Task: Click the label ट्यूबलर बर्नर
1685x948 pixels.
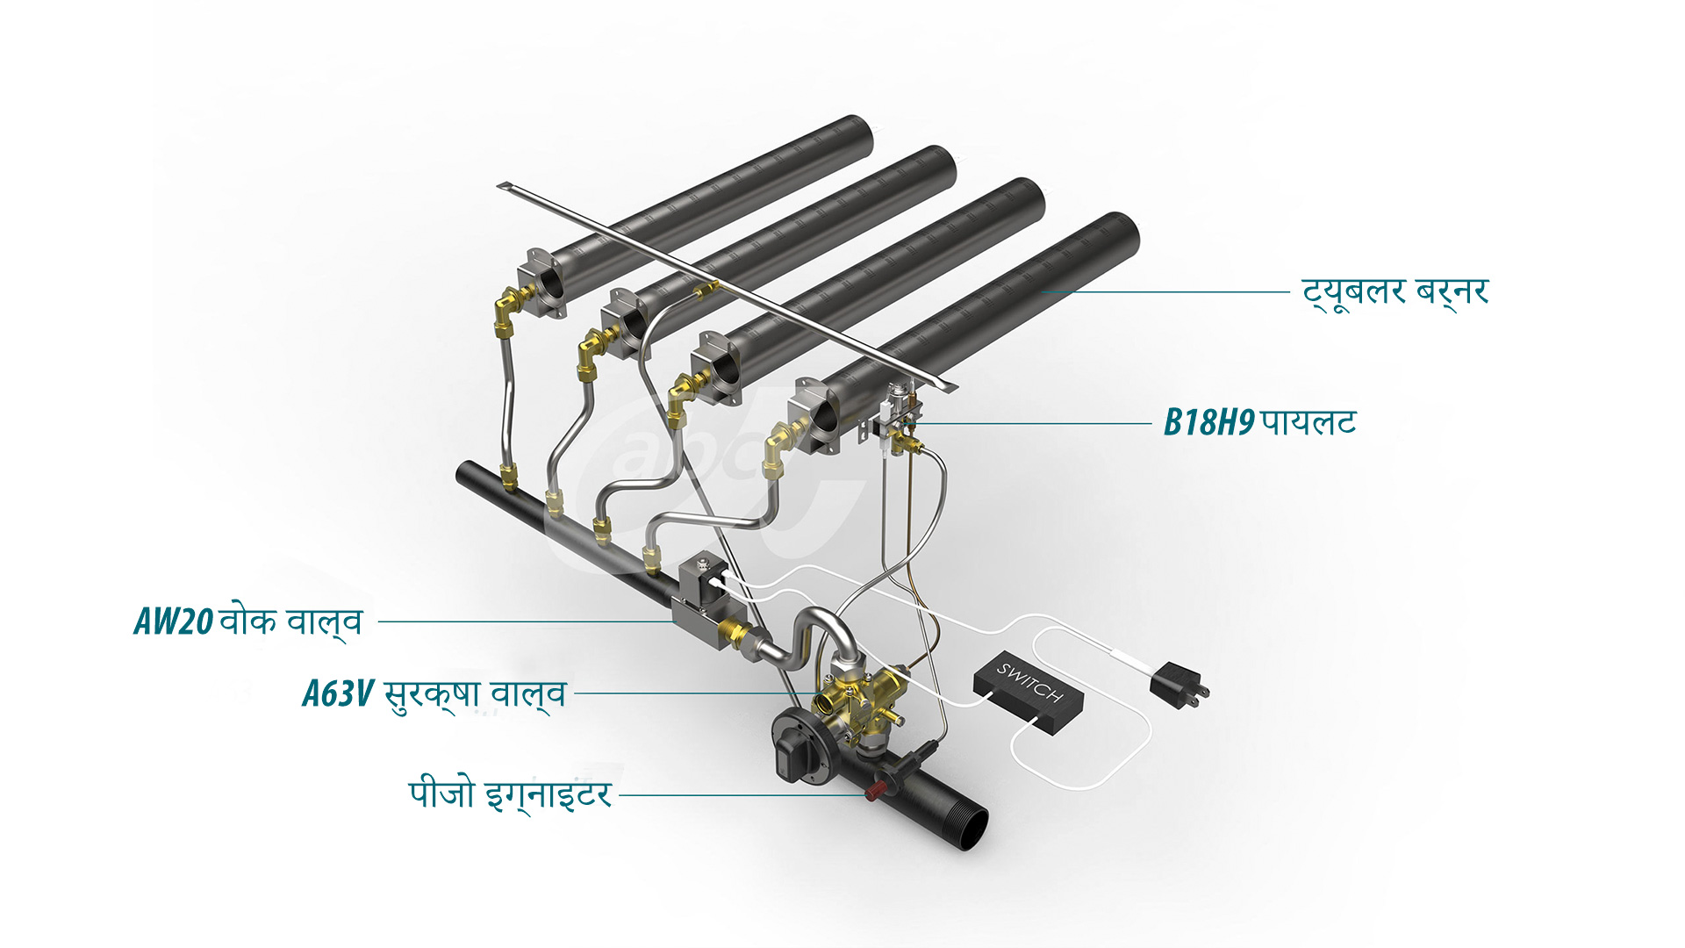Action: (1395, 292)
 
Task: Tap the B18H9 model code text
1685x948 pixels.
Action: (1208, 423)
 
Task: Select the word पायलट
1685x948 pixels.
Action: (1309, 423)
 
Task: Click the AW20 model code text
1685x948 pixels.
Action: (173, 621)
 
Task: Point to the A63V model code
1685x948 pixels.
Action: (338, 693)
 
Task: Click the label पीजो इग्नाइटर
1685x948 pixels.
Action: (510, 794)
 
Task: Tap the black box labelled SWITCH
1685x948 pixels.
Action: (1029, 693)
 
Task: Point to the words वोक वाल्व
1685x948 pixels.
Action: (290, 621)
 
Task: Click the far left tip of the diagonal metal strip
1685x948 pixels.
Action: (502, 185)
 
